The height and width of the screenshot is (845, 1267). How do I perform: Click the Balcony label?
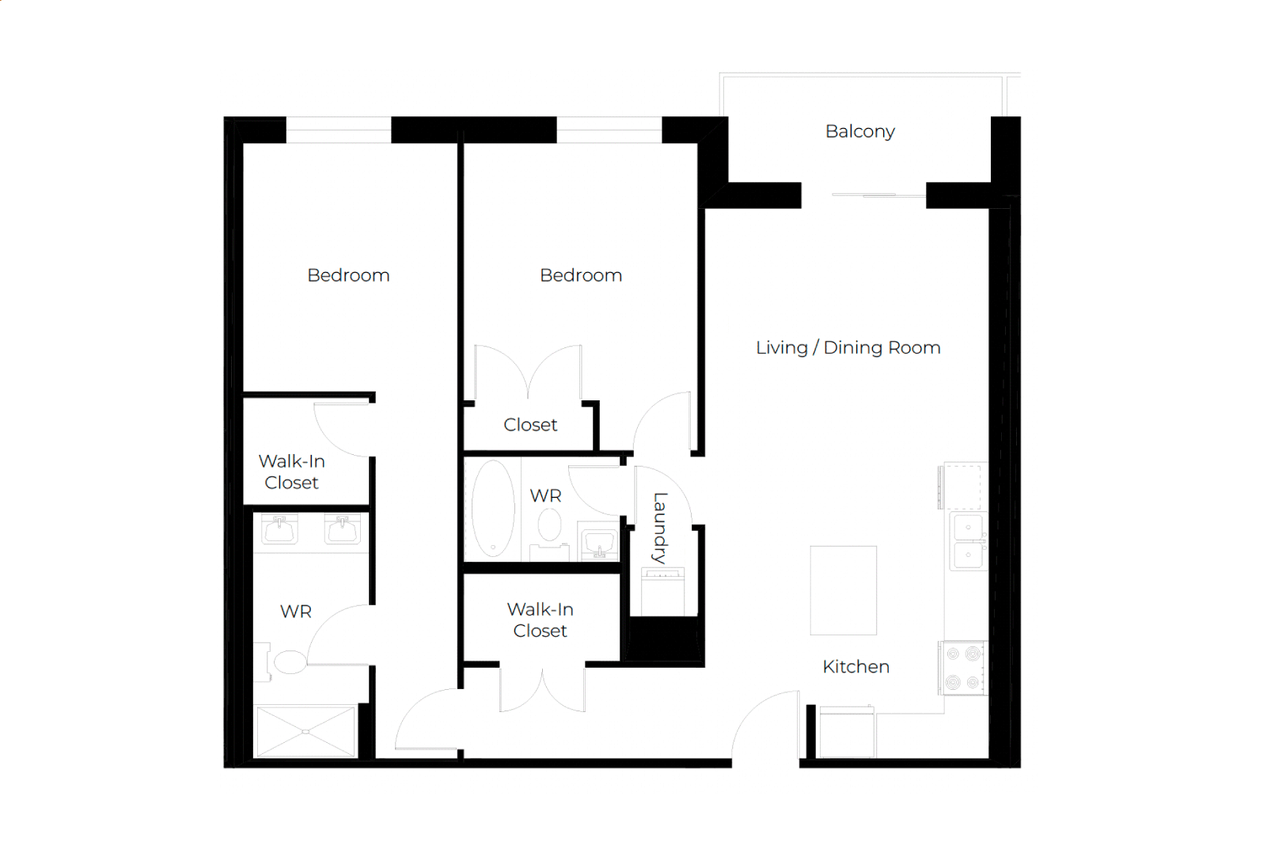[859, 131]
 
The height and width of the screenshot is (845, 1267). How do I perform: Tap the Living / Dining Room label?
[848, 347]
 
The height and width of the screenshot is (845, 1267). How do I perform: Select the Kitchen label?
[855, 666]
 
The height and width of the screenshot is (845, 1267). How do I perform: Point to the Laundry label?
[660, 528]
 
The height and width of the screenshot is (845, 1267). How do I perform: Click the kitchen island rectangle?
[844, 590]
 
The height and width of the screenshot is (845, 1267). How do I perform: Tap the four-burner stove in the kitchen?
[963, 668]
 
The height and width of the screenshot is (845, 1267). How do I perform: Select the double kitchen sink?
[969, 541]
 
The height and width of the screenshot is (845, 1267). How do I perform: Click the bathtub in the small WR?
[493, 509]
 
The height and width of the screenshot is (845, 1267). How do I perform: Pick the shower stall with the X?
[305, 731]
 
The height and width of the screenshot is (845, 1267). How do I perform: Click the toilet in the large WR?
[287, 661]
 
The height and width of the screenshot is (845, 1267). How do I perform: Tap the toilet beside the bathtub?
[549, 532]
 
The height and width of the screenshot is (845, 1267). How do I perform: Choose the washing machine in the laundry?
[663, 592]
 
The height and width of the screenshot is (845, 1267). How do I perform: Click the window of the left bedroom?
[338, 130]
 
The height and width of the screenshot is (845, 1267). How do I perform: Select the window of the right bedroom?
[609, 130]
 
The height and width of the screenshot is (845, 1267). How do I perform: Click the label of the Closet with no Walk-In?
[530, 424]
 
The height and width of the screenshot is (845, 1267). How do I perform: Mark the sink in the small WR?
[600, 542]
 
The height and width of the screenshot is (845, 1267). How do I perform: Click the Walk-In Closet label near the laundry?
[541, 620]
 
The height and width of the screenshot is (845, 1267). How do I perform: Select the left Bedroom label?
[348, 275]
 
